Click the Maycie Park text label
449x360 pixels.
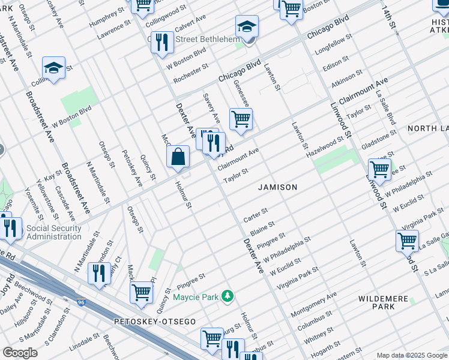pos(196,297)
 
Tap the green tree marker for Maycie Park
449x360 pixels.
pos(227,296)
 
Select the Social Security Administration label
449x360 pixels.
pos(54,232)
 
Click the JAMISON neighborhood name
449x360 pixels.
pos(277,187)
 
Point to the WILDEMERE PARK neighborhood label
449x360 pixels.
pos(384,302)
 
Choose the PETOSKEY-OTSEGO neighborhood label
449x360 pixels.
pos(155,322)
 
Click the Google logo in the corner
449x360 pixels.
pos(20,353)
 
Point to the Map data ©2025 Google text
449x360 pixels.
pos(411,355)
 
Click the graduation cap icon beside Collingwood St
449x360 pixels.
pos(53,69)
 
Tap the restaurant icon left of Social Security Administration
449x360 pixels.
pos(10,228)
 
